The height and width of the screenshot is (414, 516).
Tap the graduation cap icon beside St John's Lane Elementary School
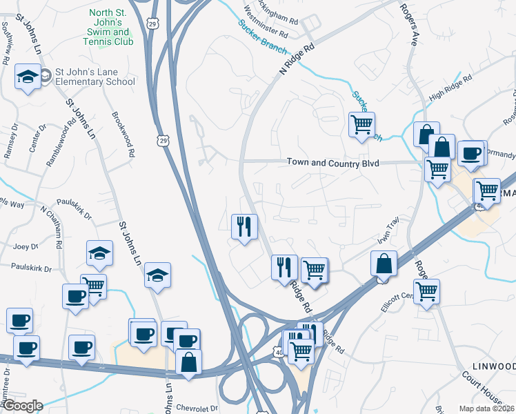click(28, 75)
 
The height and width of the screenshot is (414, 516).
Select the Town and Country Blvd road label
click(333, 163)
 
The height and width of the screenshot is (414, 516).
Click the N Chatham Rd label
click(52, 226)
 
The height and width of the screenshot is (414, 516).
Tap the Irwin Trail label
click(388, 230)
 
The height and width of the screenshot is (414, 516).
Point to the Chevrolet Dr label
click(197, 408)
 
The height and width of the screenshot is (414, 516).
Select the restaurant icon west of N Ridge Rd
click(244, 226)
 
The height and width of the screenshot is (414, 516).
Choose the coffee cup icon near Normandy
click(471, 153)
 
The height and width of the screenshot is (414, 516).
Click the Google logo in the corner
click(22, 406)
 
